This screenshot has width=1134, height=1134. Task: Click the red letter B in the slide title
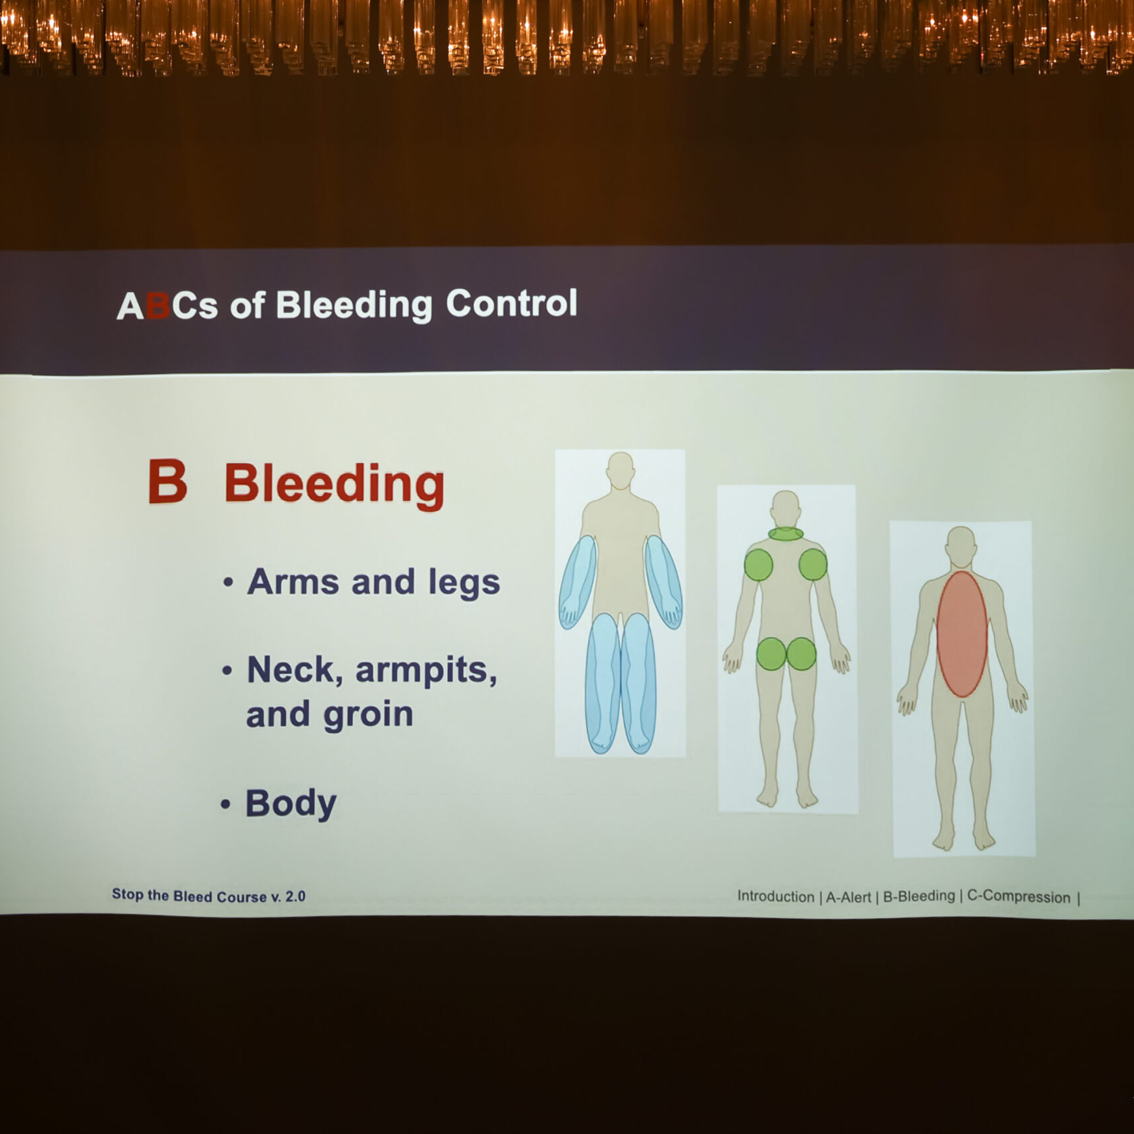click(x=157, y=305)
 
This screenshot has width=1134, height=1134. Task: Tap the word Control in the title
click(x=511, y=303)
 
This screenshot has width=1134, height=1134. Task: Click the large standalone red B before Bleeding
click(x=167, y=482)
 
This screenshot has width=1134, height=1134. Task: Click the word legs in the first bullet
click(x=464, y=583)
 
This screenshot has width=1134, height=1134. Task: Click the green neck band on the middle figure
click(x=785, y=533)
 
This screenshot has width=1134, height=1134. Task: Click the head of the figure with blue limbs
click(x=621, y=470)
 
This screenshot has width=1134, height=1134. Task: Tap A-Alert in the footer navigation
click(x=848, y=897)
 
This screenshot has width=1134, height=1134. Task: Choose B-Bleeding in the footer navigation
click(x=919, y=896)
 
